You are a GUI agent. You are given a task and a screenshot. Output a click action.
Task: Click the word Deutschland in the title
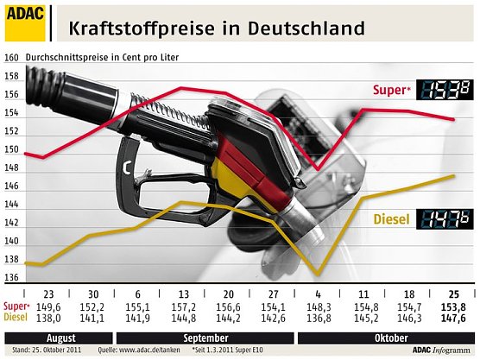coord(309,28)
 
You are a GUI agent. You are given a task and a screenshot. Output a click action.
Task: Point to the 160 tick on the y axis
coord(12,59)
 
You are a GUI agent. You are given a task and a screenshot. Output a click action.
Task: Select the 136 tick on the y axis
coord(12,278)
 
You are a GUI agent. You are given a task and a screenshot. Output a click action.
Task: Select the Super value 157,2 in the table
coord(183,306)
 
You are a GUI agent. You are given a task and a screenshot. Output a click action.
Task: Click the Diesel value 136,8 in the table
coord(319,318)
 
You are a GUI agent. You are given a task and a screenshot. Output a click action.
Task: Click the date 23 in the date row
coord(48,294)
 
